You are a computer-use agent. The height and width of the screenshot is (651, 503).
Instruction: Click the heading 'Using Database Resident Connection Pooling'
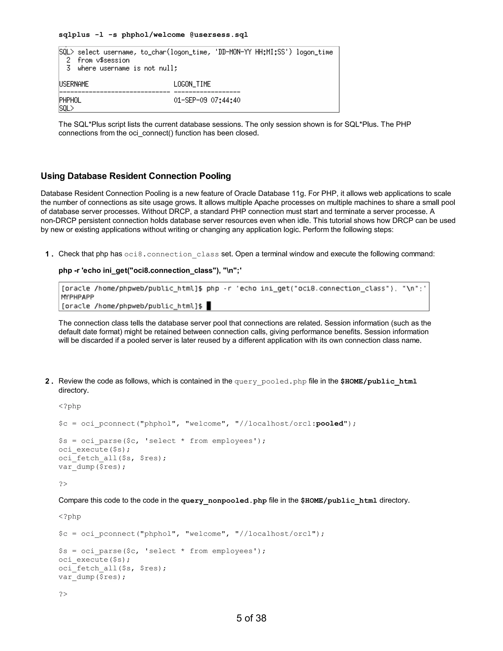point(136,176)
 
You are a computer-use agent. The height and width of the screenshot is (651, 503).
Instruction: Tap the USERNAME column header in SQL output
point(74,84)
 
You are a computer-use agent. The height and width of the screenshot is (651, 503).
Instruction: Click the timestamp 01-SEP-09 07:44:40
point(207,100)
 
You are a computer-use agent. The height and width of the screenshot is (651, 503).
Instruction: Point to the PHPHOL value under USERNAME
point(70,100)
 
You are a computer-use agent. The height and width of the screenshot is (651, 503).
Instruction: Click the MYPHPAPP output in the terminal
point(77,297)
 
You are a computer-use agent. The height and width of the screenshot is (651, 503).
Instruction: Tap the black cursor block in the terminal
point(209,306)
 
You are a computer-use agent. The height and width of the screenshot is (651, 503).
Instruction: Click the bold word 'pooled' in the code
point(330,424)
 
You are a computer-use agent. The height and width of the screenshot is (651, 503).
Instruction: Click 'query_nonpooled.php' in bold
point(224,500)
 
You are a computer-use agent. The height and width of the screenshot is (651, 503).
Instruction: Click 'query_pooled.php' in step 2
point(270,382)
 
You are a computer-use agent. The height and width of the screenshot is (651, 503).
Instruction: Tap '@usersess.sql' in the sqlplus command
point(219,35)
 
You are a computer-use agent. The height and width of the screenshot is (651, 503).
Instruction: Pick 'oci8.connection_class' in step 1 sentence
point(171,254)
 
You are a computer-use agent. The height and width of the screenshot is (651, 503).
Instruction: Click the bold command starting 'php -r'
point(150,270)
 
